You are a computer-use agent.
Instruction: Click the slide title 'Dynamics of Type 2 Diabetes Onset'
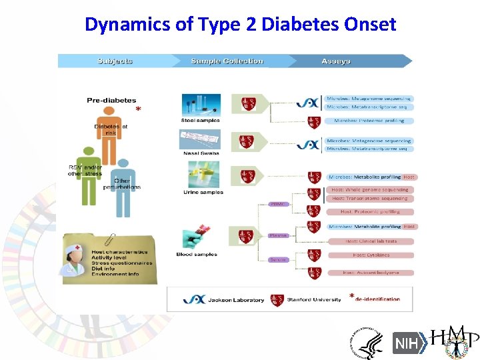click(x=240, y=25)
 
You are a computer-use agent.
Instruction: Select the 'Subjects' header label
click(x=115, y=61)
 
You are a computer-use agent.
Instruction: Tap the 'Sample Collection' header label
click(x=227, y=61)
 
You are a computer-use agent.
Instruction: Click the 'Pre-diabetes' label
click(x=111, y=101)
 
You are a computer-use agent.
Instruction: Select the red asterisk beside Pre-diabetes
click(x=138, y=109)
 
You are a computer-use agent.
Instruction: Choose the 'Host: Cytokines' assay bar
click(x=369, y=255)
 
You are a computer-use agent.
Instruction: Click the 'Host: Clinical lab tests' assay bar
click(x=371, y=241)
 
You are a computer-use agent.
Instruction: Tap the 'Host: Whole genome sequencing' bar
click(x=369, y=189)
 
